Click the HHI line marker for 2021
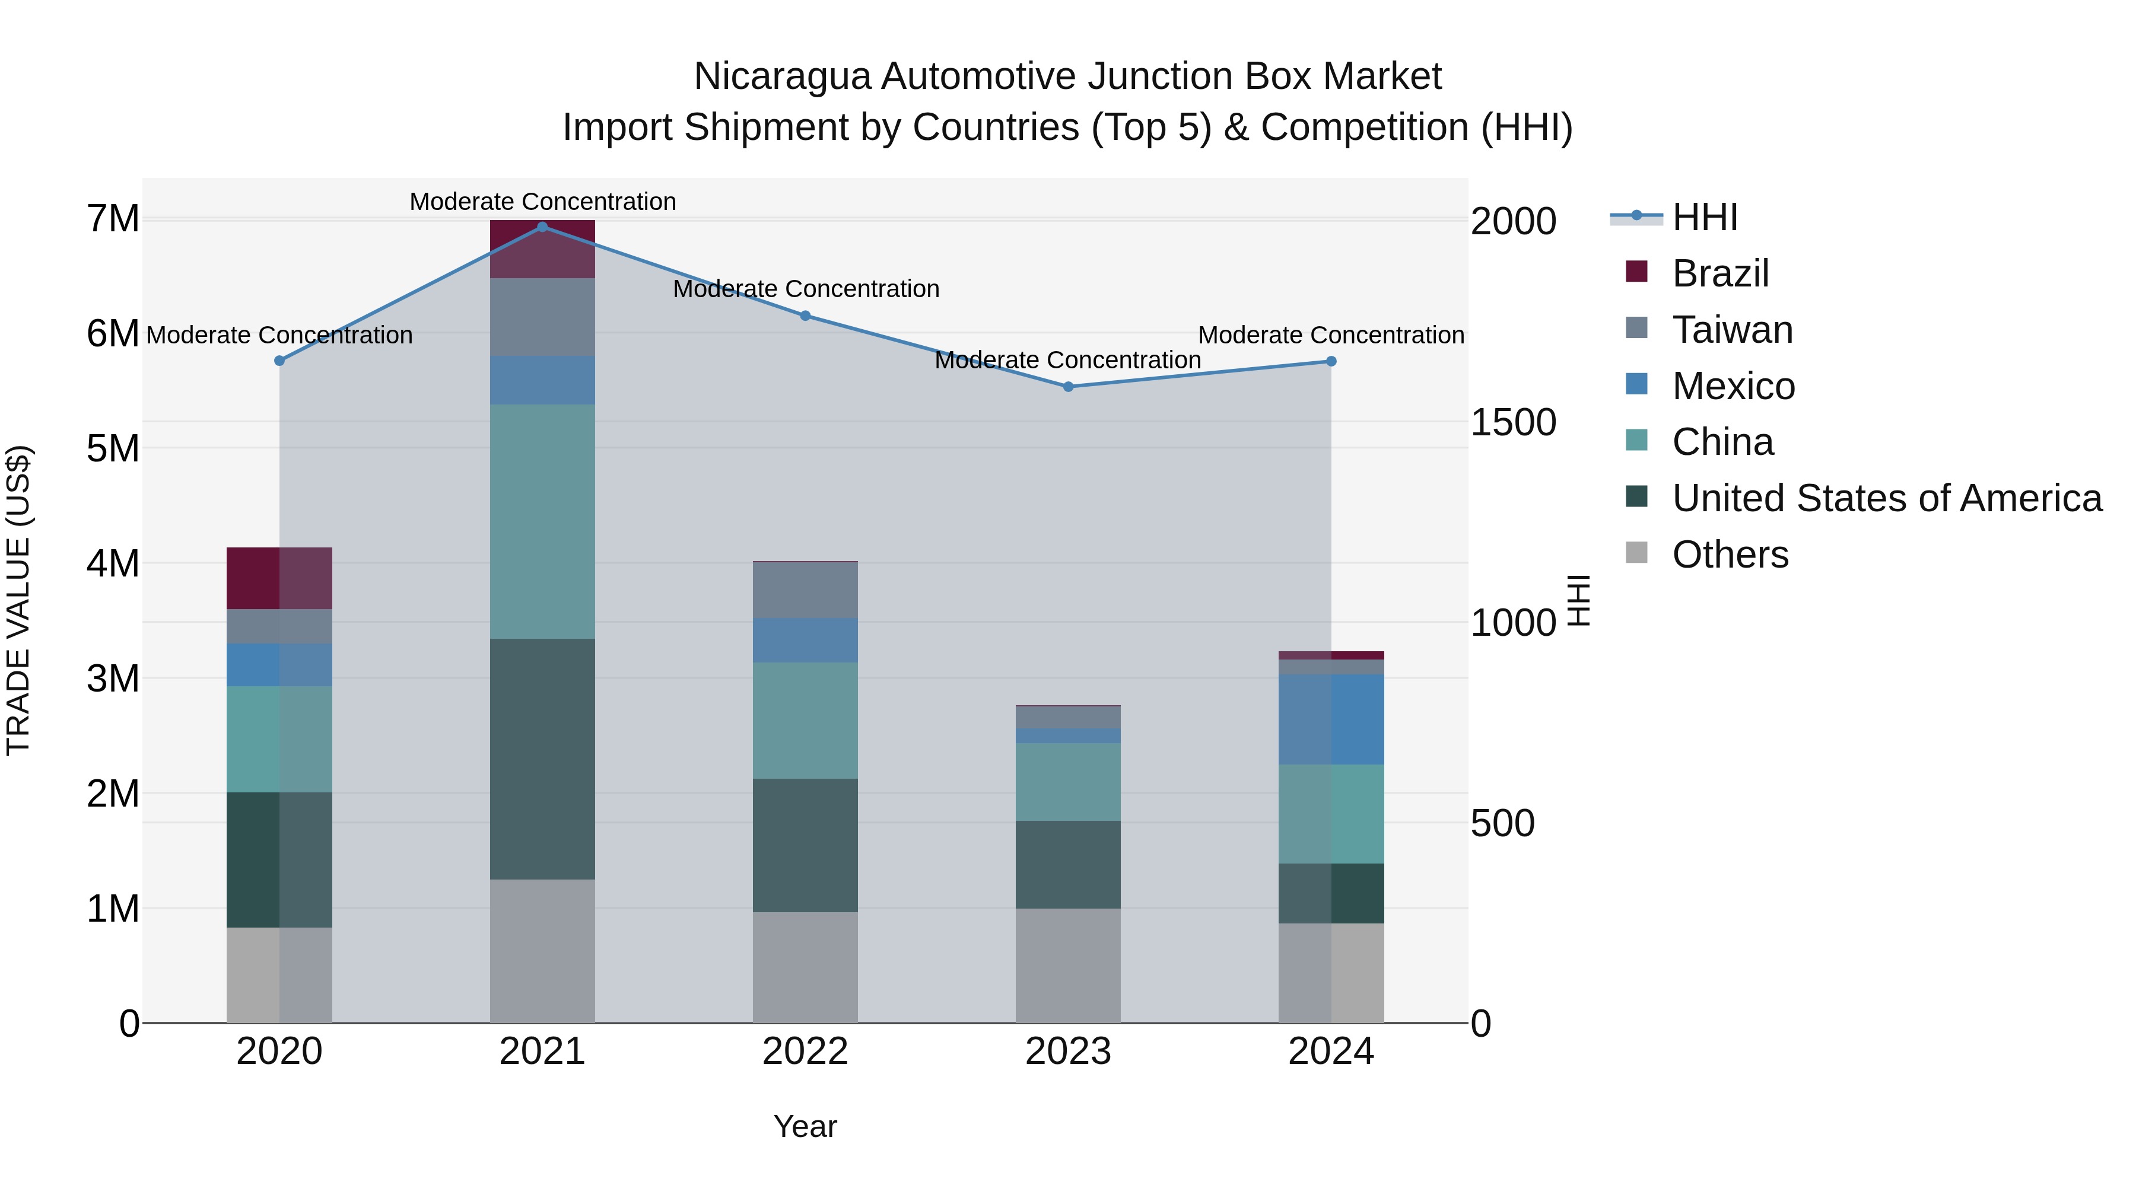542,227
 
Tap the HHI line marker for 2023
1068,386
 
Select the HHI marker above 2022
805,316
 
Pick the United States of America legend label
1886,498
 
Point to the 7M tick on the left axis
113,219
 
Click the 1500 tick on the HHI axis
1512,423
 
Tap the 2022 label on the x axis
805,1052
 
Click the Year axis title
805,1126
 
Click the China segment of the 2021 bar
542,521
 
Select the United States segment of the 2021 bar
542,759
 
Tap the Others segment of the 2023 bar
1068,965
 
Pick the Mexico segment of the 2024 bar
1331,719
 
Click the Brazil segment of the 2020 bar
279,578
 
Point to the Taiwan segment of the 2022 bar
805,590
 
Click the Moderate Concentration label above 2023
1067,361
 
